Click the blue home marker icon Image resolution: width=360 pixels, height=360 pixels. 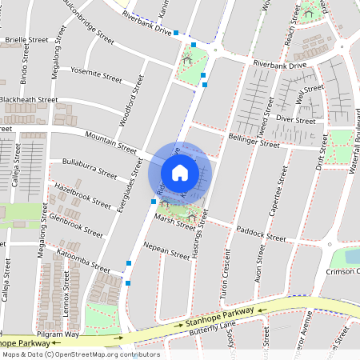click(x=180, y=173)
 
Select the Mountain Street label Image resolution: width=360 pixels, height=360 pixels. click(x=110, y=142)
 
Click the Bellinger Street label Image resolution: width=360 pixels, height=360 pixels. click(x=254, y=141)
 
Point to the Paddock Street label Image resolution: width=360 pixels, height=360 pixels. click(x=259, y=234)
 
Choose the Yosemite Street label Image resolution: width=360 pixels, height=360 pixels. click(x=95, y=74)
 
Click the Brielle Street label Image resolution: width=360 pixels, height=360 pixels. click(x=26, y=39)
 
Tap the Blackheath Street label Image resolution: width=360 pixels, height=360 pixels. click(x=29, y=100)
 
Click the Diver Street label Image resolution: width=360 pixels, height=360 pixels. click(x=295, y=119)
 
